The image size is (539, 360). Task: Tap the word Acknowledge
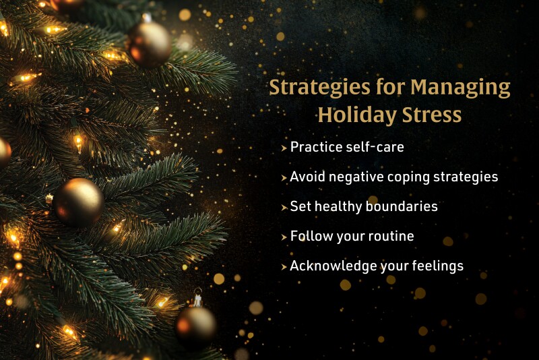coord(324,266)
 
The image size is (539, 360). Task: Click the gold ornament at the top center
coord(150,43)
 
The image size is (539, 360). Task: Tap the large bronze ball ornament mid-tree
coord(78,202)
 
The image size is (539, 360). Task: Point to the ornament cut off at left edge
coord(3,152)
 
